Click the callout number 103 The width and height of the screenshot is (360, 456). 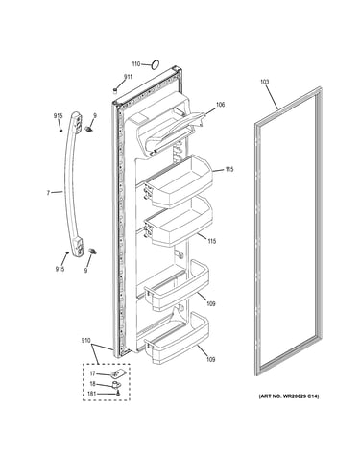click(264, 82)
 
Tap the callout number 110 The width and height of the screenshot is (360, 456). click(136, 64)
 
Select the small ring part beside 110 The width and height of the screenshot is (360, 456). click(156, 64)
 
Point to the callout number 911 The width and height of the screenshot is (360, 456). click(128, 77)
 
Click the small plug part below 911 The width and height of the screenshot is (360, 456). click(114, 90)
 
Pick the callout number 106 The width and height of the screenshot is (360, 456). click(221, 105)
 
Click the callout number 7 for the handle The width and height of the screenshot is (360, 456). click(48, 193)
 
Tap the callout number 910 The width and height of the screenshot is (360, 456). click(85, 340)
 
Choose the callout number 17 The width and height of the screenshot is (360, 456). click(92, 373)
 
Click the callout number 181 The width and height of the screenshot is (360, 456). click(92, 394)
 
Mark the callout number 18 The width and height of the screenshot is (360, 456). click(92, 384)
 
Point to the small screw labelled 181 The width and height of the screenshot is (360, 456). click(118, 394)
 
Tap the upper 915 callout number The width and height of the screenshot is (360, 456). click(58, 116)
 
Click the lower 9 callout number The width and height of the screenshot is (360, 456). click(85, 271)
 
